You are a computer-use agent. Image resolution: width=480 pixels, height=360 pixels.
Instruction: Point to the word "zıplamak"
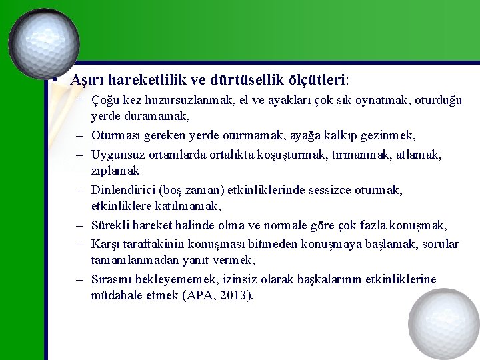pos(115,171)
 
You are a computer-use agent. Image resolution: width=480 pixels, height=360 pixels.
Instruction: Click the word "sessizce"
pos(326,190)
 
